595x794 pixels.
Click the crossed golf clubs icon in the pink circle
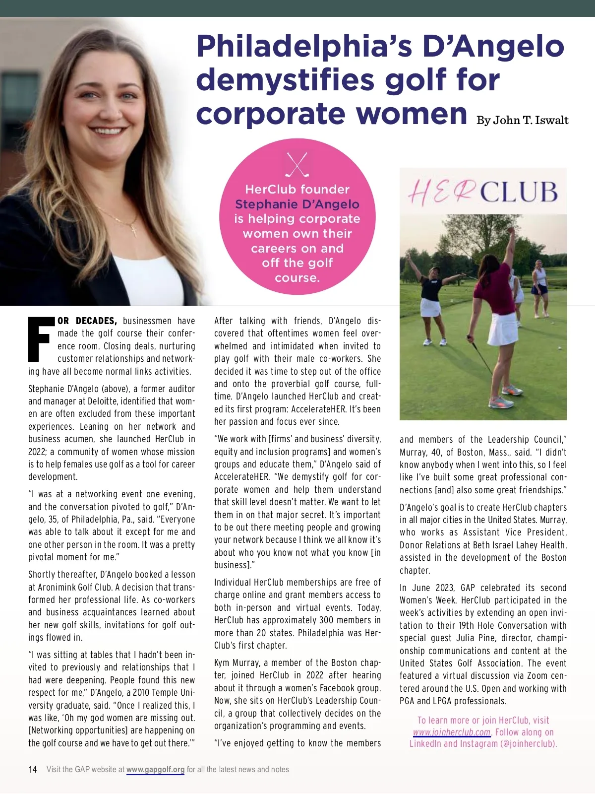(x=297, y=165)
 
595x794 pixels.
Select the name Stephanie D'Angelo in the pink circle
(x=297, y=204)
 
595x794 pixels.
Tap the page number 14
(x=33, y=770)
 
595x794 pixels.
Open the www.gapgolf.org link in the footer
(x=155, y=770)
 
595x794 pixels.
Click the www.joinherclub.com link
(x=451, y=732)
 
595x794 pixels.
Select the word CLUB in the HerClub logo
(x=519, y=193)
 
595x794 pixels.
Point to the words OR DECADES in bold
(x=87, y=321)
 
